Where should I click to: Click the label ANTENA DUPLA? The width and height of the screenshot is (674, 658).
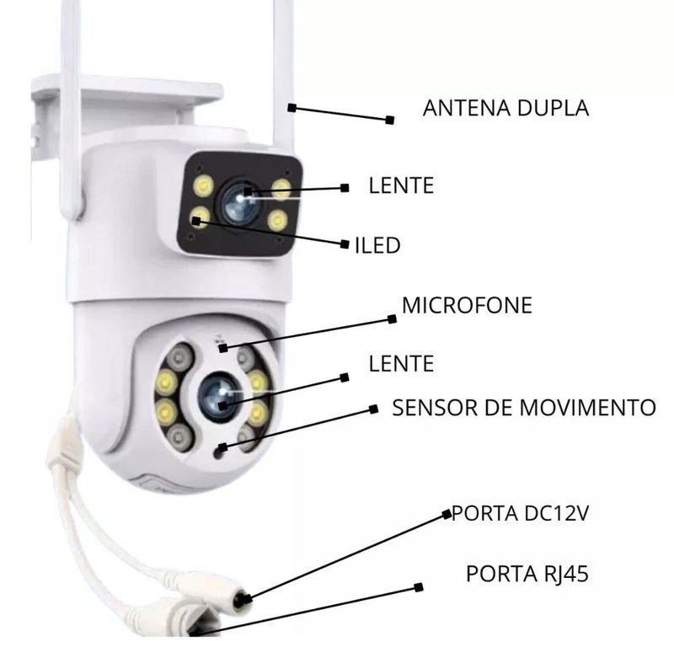[x=505, y=108]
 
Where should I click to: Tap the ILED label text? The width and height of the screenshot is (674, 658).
[x=377, y=245]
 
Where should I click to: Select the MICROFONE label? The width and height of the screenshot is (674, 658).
[x=467, y=305]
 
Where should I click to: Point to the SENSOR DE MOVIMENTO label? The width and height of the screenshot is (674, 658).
[x=524, y=408]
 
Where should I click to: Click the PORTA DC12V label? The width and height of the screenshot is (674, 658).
[x=520, y=513]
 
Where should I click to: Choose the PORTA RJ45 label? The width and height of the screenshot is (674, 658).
[x=527, y=574]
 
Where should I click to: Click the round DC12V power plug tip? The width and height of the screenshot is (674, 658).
[x=242, y=599]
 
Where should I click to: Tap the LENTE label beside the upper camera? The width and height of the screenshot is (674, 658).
[x=401, y=185]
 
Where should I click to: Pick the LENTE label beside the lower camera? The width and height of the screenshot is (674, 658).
[x=401, y=364]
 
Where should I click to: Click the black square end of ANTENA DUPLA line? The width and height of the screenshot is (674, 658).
[x=390, y=120]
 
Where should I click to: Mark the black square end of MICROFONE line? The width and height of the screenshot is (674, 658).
[x=392, y=319]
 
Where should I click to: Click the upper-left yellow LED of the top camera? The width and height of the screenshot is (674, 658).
[x=203, y=186]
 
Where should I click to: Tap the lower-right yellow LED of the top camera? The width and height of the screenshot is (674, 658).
[x=277, y=221]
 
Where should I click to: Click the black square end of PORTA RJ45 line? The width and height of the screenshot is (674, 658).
[x=418, y=587]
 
